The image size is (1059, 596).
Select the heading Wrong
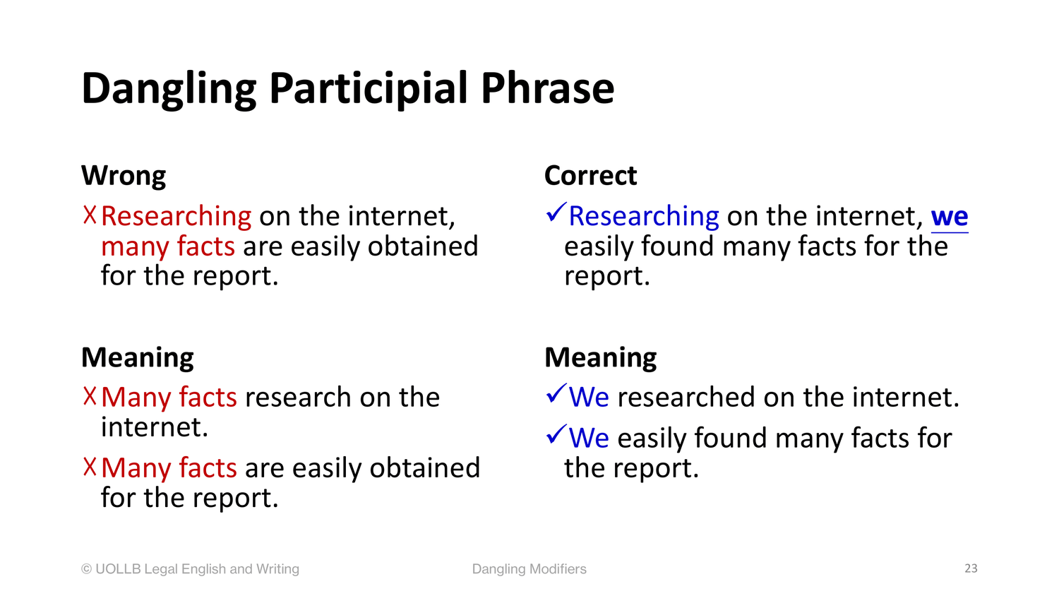pos(124,176)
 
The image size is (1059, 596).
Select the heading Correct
pos(590,176)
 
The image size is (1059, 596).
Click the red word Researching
pos(176,217)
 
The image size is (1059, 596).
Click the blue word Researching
pos(644,217)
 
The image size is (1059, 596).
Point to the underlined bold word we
pos(950,217)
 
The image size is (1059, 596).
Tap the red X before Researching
pos(90,215)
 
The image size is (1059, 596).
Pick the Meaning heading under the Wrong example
pos(138,357)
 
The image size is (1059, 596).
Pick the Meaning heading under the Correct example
pos(601,357)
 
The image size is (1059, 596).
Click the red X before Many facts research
pos(90,396)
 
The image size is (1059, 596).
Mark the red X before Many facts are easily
pos(90,467)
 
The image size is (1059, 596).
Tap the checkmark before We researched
pos(556,393)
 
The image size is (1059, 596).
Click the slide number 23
pos(971,568)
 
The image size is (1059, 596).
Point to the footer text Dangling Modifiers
pos(529,569)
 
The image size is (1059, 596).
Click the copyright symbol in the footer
pos(87,569)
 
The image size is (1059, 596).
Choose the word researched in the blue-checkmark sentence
pos(686,398)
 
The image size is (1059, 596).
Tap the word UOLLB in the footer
pos(118,569)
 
